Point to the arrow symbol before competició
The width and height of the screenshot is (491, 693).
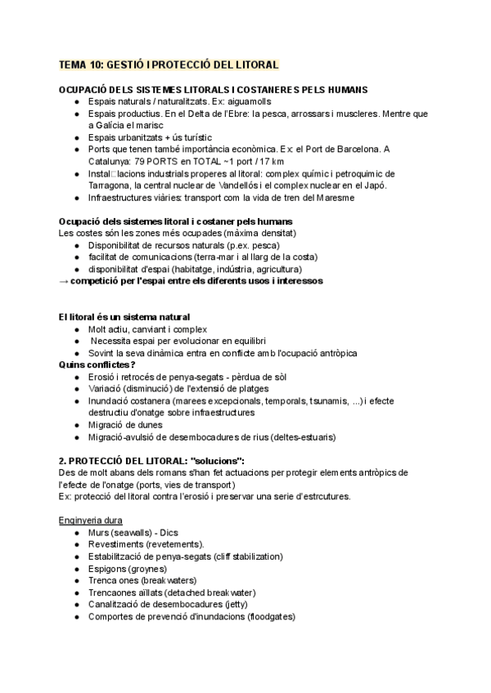(65, 281)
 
